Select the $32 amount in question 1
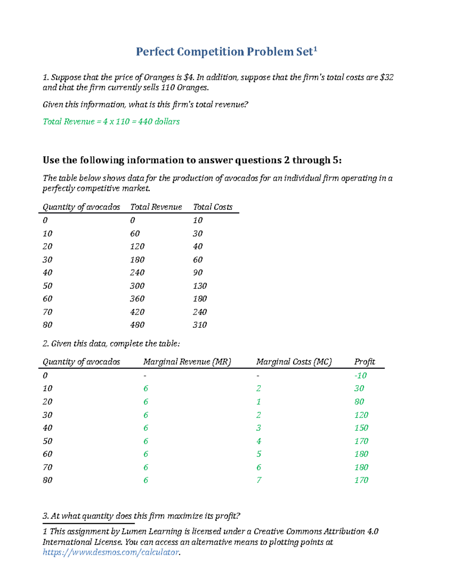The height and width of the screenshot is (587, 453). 387,77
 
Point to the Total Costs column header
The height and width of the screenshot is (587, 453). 213,207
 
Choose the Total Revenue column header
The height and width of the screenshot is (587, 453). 156,207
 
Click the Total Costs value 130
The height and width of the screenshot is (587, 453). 200,286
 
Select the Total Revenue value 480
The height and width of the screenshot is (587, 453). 137,325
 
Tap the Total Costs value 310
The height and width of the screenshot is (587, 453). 200,325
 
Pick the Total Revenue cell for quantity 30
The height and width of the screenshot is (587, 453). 137,260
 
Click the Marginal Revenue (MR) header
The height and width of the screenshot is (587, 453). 187,362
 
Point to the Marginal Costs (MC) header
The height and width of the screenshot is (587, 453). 294,362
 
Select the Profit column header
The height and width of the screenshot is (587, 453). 364,362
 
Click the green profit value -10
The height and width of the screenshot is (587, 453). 360,376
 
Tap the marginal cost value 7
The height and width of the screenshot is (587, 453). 259,480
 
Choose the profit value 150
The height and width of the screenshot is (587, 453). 361,428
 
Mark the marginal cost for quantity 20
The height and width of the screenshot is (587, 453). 259,402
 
